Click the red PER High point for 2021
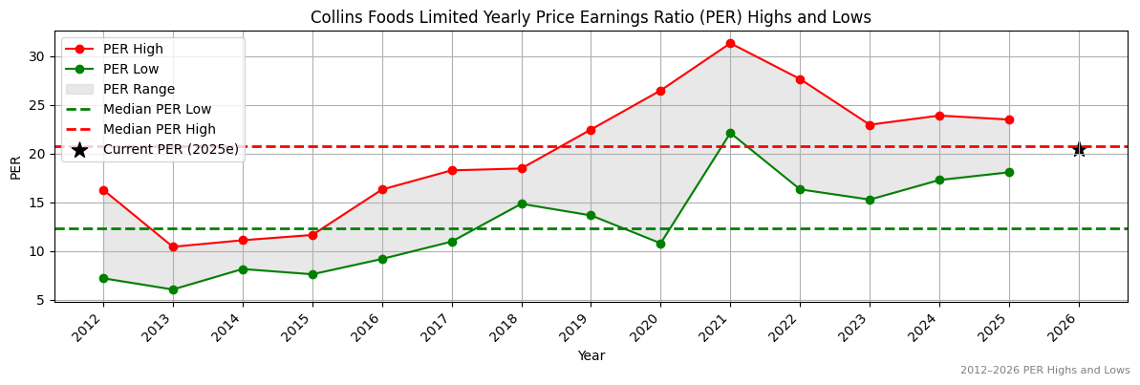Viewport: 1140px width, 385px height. (x=730, y=43)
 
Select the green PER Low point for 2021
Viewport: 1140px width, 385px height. (x=730, y=133)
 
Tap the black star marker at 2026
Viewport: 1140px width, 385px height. (x=1079, y=149)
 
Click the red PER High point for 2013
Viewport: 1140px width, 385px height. (x=173, y=247)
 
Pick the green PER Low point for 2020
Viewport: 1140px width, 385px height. (x=660, y=244)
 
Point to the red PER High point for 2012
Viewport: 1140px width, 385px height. (x=103, y=190)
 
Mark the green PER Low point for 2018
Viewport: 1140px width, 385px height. (x=522, y=203)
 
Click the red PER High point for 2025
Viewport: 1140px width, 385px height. (x=1009, y=119)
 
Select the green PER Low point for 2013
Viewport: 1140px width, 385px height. (x=173, y=289)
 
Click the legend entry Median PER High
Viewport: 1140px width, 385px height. (x=159, y=129)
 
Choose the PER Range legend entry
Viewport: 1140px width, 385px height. (x=139, y=89)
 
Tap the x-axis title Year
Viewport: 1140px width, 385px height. (x=591, y=355)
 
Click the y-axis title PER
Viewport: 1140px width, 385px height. (x=15, y=167)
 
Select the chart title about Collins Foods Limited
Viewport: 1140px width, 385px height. (x=591, y=17)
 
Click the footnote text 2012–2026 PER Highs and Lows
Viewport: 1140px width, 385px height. (x=1044, y=371)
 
